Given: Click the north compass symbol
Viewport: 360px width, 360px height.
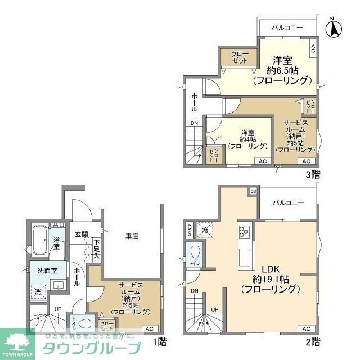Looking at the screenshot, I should (334, 28).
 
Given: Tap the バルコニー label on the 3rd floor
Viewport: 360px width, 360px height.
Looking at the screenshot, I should (287, 27).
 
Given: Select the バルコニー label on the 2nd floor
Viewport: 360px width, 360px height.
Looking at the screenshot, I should (289, 202).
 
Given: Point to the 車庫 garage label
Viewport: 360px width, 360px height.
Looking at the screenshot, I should (132, 237).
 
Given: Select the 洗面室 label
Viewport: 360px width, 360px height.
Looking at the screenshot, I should (47, 271).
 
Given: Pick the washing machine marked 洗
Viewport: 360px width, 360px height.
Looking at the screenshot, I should (38, 292).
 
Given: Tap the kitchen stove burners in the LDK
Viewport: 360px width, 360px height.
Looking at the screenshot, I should (245, 231).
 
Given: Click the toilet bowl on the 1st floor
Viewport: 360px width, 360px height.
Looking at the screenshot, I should (85, 325).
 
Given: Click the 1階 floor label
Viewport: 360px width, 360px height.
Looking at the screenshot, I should (159, 341).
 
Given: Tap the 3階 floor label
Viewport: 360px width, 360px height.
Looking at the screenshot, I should (313, 174).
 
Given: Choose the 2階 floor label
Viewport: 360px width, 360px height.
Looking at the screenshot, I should (313, 341).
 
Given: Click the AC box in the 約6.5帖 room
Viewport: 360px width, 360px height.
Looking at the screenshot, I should (313, 49).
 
